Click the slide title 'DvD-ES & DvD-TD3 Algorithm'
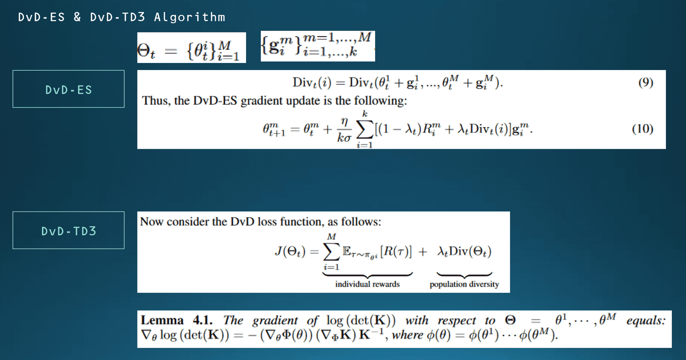[121, 17]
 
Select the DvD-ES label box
[69, 89]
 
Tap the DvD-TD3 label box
[69, 231]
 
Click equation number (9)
[645, 82]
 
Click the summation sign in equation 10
[365, 130]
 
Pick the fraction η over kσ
[344, 130]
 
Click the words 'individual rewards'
[367, 284]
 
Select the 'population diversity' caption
[464, 284]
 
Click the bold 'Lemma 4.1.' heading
[176, 320]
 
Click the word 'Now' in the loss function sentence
[151, 222]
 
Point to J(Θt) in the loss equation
[290, 251]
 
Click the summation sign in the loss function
[331, 252]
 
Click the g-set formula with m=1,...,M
[318, 46]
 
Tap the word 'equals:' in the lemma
[646, 320]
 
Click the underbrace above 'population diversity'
[464, 275]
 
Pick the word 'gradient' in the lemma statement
[275, 320]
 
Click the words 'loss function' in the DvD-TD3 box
[290, 222]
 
